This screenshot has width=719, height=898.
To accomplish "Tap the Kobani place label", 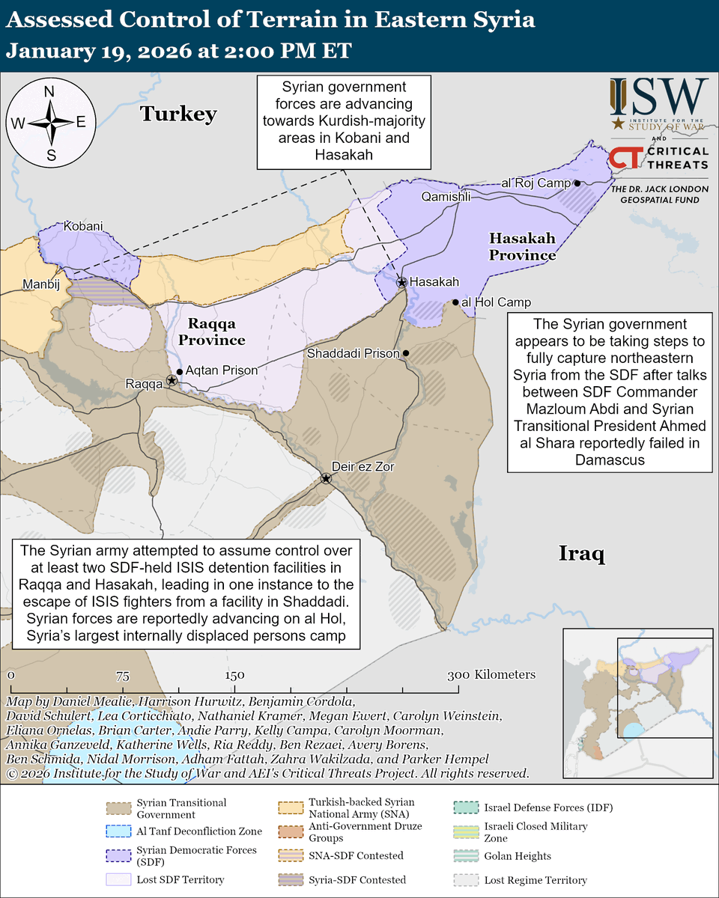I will (x=83, y=225).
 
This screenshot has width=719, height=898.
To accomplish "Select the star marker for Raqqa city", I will (x=172, y=381).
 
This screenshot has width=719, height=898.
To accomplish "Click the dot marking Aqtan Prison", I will (x=180, y=370).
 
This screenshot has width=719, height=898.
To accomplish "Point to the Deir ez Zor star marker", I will (x=326, y=478).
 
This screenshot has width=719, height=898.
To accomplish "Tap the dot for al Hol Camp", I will (x=455, y=302).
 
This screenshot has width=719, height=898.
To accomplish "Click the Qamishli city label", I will (x=446, y=198).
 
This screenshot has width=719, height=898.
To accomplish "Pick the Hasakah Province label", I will (x=522, y=247).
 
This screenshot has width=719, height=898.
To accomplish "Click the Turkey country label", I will (x=179, y=114).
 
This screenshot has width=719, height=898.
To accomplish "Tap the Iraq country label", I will (x=581, y=554).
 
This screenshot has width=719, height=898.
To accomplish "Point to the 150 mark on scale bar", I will (x=234, y=674).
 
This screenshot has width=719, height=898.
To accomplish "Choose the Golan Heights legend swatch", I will (x=466, y=856).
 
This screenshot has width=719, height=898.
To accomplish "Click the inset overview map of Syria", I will (x=638, y=695).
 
